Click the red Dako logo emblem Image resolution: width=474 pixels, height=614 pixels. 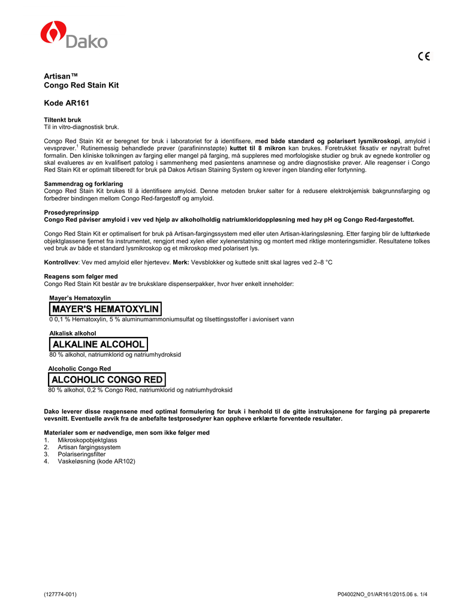(x=52, y=32)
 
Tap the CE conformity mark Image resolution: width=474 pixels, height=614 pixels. (x=424, y=57)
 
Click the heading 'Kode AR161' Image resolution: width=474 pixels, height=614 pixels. (x=67, y=104)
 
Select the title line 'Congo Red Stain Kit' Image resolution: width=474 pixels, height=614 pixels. (x=81, y=86)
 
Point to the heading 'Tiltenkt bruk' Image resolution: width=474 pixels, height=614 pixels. (x=62, y=120)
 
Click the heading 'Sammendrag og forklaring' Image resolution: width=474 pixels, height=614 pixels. (x=83, y=183)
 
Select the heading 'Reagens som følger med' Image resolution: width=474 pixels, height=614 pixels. (x=81, y=276)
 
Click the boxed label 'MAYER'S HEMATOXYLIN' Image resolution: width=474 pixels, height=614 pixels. (x=105, y=309)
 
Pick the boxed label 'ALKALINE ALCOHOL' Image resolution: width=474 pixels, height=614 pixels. (x=98, y=344)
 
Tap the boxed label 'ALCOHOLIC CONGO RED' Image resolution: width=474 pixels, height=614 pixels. (x=107, y=380)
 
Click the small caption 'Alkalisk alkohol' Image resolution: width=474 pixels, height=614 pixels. (x=73, y=333)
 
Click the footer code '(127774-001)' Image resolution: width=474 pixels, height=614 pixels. (x=61, y=594)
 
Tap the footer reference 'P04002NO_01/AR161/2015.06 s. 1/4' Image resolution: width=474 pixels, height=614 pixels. (x=383, y=594)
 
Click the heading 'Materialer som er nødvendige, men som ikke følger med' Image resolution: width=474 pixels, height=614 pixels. (x=127, y=433)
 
